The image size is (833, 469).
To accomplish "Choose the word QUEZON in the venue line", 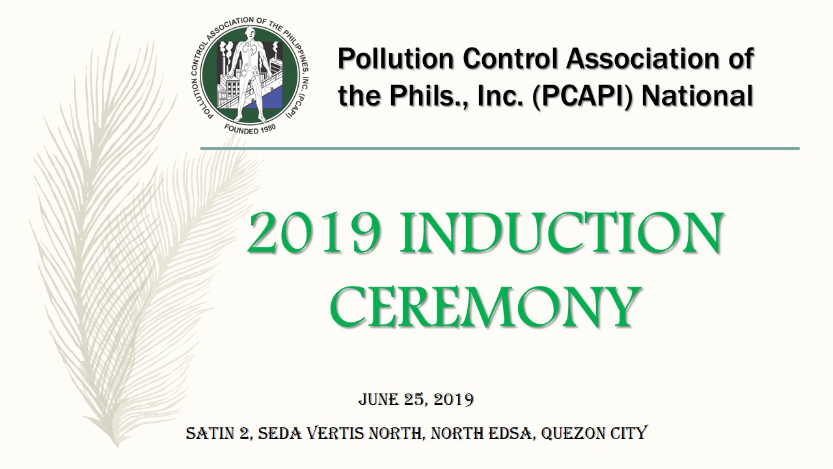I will coord(573,433).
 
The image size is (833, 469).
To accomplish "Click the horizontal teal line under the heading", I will coord(500,149).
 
